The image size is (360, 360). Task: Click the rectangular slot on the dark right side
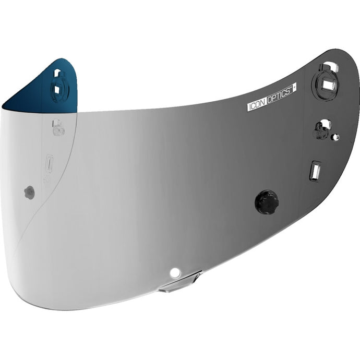(315, 171)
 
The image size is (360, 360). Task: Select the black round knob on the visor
(267, 202)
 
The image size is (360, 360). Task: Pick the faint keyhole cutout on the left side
(58, 128)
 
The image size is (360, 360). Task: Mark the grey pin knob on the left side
(30, 193)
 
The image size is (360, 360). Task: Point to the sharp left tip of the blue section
(3, 109)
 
